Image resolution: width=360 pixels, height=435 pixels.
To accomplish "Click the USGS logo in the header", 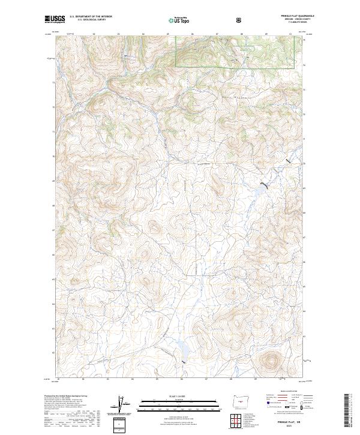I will tap(55, 20).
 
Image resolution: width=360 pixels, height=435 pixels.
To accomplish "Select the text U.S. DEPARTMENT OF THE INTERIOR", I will tap(91, 17).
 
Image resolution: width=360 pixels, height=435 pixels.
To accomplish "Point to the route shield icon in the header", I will tap(241, 20).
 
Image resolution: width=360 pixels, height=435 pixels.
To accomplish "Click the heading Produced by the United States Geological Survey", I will tap(66, 396).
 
